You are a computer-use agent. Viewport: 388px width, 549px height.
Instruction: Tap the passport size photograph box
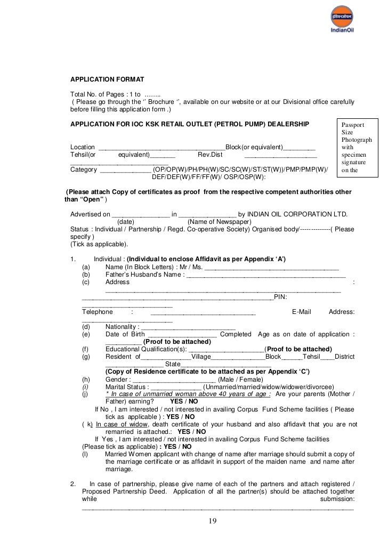coord(357,148)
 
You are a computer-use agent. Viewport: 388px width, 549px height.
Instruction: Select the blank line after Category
coord(125,170)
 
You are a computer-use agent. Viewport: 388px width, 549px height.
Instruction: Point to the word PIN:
coord(281,297)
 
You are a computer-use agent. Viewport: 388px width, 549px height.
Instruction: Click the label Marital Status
coord(126,386)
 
